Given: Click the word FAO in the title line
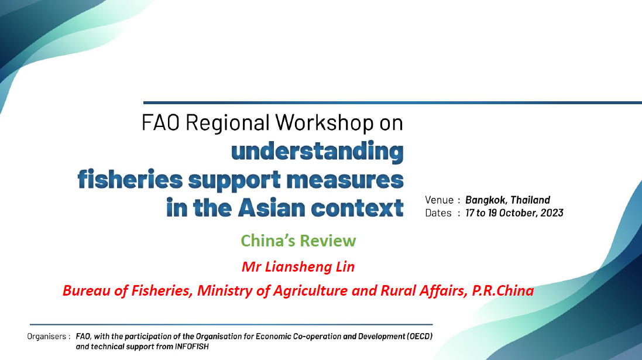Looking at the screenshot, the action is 161,122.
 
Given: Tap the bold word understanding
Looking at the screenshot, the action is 317,152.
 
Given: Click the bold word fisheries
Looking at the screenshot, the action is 130,179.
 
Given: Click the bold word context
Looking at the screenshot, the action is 358,208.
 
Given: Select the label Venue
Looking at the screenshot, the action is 440,200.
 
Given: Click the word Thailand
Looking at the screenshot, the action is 530,200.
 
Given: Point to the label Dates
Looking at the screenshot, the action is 438,213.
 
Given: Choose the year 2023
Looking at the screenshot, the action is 552,213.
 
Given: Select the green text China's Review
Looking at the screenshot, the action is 298,241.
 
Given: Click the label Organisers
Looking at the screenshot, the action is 47,337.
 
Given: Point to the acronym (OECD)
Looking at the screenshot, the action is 420,336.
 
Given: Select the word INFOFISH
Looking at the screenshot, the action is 191,347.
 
